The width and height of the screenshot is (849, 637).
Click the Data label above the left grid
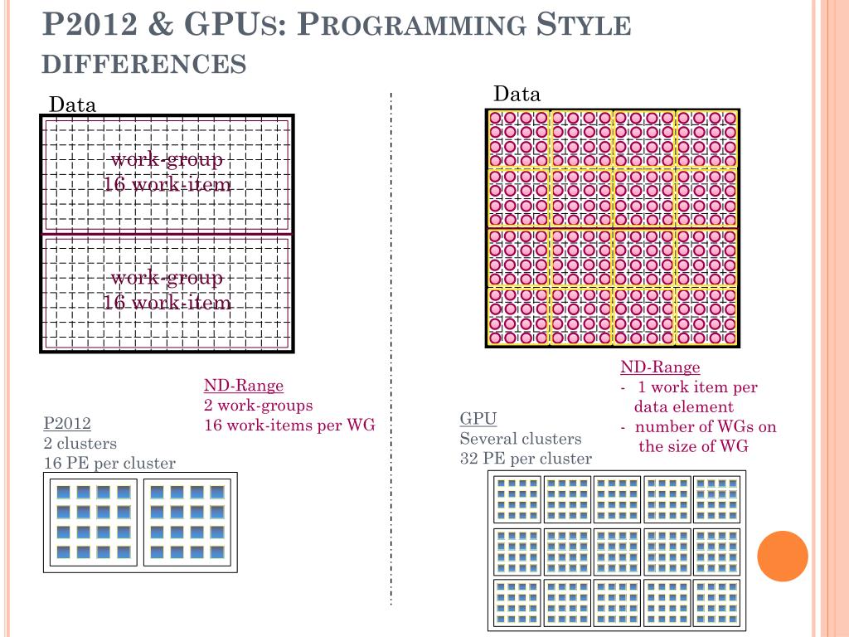coord(73,105)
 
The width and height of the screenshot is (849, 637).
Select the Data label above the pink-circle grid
coord(517,94)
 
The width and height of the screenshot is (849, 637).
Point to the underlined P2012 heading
coord(67,424)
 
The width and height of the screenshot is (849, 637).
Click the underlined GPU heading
coord(478,419)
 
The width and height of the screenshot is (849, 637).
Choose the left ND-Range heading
coord(244,386)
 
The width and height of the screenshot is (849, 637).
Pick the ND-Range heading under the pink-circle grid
coord(660,367)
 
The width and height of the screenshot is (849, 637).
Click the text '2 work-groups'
coord(259,406)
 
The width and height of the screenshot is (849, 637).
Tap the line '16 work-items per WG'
coord(289,425)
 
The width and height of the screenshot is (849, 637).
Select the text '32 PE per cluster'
coord(526,459)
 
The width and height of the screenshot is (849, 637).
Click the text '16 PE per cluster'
coord(109,464)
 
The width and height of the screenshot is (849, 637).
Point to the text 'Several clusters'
coord(521,439)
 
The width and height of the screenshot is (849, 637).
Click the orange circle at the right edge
coord(782,556)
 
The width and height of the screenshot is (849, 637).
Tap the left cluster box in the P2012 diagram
coord(94,522)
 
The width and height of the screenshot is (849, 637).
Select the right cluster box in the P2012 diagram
coord(187,522)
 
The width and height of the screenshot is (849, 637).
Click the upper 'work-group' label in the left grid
coord(167,159)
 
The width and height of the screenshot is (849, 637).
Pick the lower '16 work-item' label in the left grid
coord(167,303)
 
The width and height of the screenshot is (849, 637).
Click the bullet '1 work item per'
coord(697,387)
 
